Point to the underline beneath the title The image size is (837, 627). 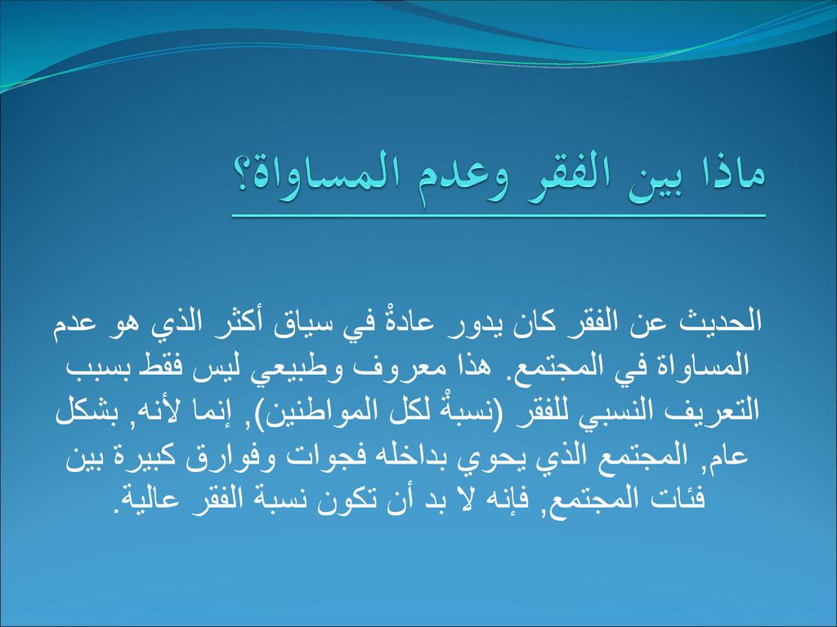point(499,216)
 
